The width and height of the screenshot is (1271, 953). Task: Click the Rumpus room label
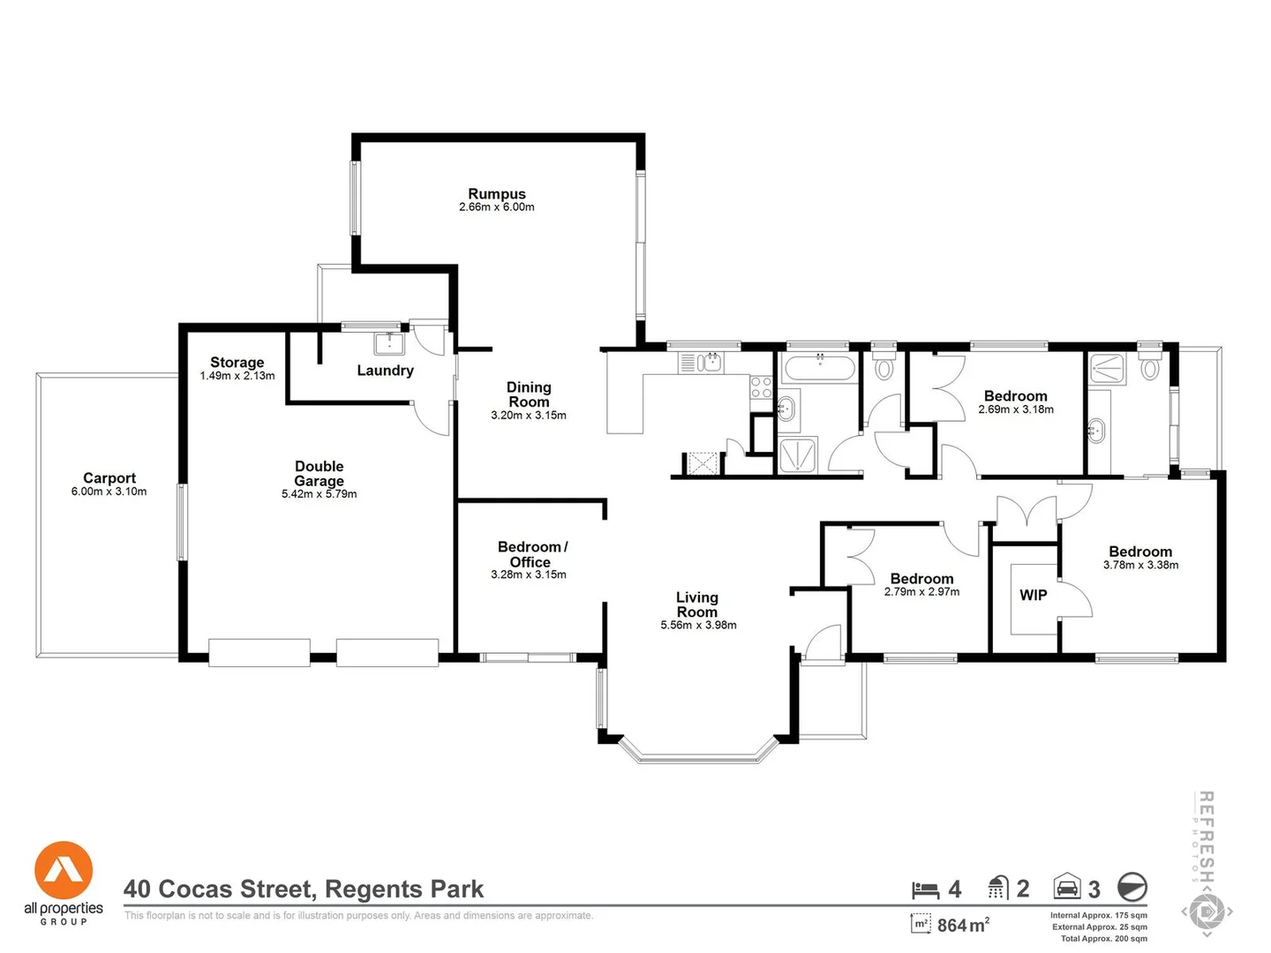pos(497,194)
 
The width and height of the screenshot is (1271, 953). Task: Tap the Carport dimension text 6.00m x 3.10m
pos(109,492)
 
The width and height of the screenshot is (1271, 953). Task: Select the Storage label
pos(237,362)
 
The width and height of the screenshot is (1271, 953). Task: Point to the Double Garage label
pos(320,473)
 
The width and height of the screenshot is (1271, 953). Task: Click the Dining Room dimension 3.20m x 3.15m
pos(529,415)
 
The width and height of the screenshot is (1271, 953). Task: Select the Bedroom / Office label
pos(532,554)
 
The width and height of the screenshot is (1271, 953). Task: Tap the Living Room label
pos(696,604)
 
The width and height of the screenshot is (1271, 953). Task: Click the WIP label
pos(1033,595)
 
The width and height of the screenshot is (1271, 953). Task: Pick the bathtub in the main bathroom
pos(819,367)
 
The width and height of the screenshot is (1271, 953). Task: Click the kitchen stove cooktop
pos(761,387)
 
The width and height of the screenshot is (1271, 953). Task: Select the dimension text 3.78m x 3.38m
pos(1140,565)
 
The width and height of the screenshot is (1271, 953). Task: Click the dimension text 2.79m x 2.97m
pos(921,592)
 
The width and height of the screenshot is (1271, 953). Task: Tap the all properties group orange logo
pos(64,870)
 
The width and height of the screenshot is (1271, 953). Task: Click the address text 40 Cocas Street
pos(220,889)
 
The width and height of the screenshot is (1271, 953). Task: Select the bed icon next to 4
pos(925,889)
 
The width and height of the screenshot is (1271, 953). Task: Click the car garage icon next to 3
pos(1067,887)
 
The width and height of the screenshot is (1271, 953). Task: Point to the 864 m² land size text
pos(963,925)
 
